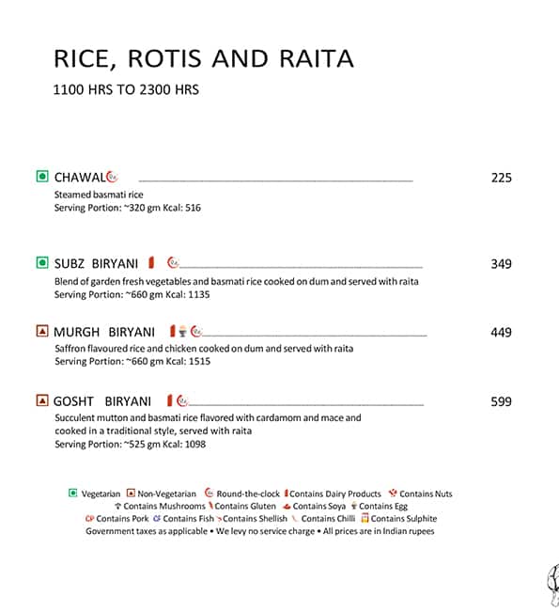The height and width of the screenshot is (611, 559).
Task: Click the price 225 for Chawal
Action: [x=501, y=178]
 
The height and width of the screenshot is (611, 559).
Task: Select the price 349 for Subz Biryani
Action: [x=501, y=264]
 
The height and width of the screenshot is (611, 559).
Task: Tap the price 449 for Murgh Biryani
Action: [x=501, y=332]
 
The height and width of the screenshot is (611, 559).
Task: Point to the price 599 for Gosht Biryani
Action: [x=501, y=401]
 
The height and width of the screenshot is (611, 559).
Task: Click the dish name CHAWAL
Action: [x=78, y=178]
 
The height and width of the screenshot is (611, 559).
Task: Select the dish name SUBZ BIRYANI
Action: [x=96, y=264]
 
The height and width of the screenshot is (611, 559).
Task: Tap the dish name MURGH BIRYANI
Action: [x=104, y=332]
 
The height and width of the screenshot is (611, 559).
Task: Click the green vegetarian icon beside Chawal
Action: [x=41, y=177]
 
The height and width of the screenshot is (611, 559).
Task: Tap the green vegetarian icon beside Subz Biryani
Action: [x=41, y=263]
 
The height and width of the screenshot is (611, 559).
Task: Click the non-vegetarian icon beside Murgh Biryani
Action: [x=41, y=331]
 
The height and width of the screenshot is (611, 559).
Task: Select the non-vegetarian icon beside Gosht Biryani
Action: [x=41, y=400]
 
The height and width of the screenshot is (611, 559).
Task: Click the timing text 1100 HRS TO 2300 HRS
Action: [x=126, y=91]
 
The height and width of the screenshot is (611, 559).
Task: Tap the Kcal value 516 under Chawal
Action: [x=194, y=208]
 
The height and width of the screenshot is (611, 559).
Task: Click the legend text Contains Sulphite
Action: [x=404, y=518]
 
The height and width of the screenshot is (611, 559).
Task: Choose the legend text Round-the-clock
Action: [x=248, y=493]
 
